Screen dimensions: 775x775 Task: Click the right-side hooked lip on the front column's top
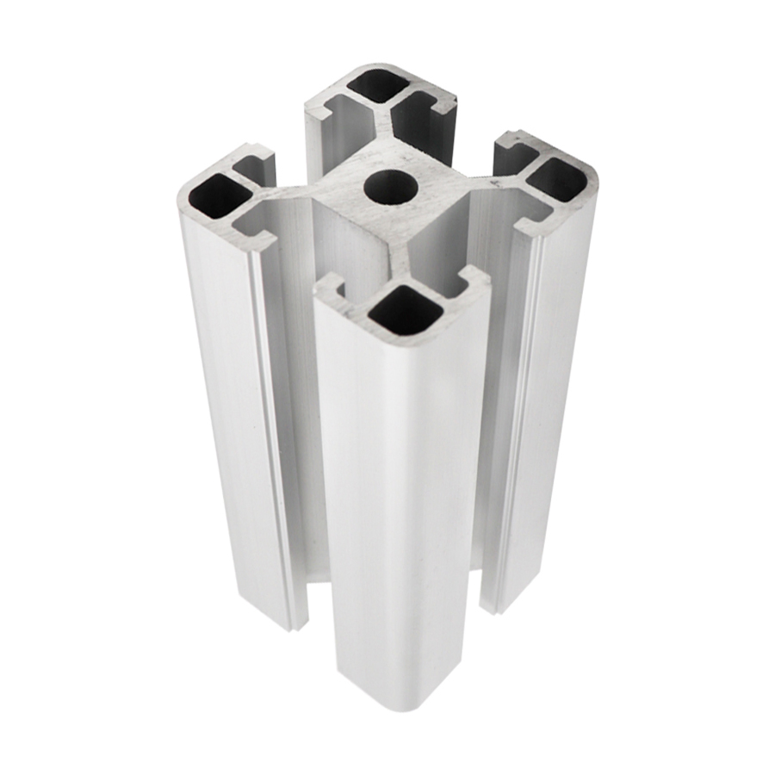click(472, 280)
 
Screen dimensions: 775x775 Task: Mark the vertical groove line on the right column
click(528, 413)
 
